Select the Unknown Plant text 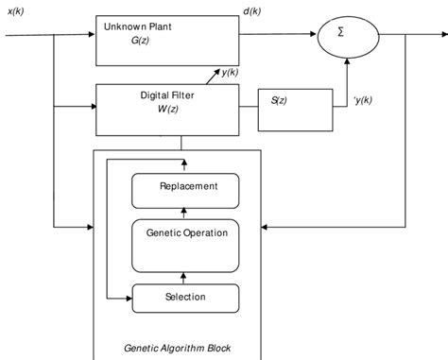(137, 28)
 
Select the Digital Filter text (168, 94)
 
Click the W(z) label (167, 109)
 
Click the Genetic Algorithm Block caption (177, 348)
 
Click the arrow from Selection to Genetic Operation (186, 277)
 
